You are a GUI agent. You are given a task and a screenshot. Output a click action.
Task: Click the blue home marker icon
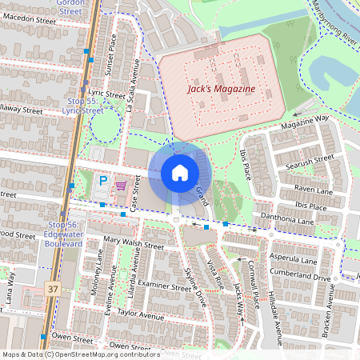click(180, 173)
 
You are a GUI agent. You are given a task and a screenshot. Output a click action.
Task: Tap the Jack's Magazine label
click(221, 89)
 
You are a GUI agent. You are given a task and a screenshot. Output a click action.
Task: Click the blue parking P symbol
click(103, 182)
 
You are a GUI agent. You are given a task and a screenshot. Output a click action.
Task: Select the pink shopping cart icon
click(121, 185)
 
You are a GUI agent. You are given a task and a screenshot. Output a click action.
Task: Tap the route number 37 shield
click(53, 287)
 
